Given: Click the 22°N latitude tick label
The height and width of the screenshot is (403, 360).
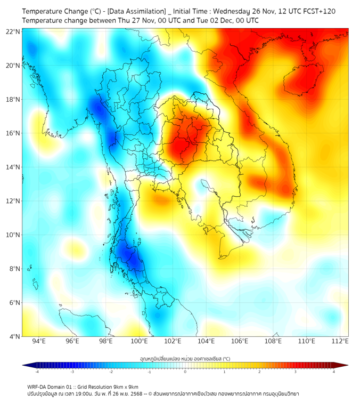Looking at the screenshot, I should tap(13, 31).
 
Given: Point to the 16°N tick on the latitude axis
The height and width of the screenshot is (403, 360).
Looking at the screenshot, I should tap(13, 133).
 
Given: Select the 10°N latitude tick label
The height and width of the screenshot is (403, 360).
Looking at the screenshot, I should tap(13, 235).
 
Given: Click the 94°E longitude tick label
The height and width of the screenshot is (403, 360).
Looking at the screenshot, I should tap(39, 341).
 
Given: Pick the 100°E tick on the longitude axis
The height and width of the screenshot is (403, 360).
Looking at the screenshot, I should tap(140, 341).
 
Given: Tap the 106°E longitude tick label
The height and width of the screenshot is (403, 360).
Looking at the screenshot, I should tap(240, 341).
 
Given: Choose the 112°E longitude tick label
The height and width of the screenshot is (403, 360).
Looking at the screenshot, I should tap(341, 341).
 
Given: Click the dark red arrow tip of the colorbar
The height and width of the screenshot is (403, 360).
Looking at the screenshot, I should tap(345, 365).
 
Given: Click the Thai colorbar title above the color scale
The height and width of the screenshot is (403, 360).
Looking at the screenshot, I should tap(185, 359).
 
